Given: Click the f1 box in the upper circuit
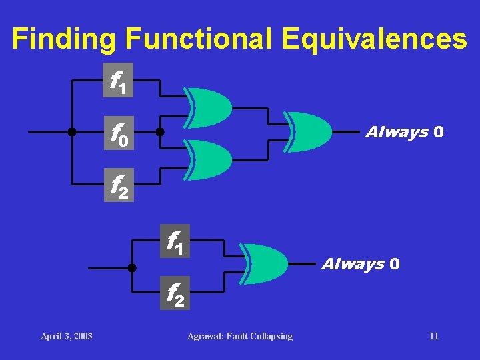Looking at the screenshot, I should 118,80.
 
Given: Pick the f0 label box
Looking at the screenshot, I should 118,133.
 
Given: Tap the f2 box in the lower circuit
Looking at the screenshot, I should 175,293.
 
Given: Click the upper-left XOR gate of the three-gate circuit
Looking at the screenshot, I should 209,107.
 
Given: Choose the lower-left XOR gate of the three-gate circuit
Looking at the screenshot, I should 209,159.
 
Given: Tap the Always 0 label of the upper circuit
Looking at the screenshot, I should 404,132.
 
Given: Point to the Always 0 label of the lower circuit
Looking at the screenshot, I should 361,264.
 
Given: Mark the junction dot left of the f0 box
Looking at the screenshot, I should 71,133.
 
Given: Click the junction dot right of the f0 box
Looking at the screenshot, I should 160,133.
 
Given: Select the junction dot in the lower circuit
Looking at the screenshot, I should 132,267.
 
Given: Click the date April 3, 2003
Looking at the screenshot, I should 67,336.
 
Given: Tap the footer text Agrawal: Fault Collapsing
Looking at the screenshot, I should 240,336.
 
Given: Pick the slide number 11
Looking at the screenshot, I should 434,336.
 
